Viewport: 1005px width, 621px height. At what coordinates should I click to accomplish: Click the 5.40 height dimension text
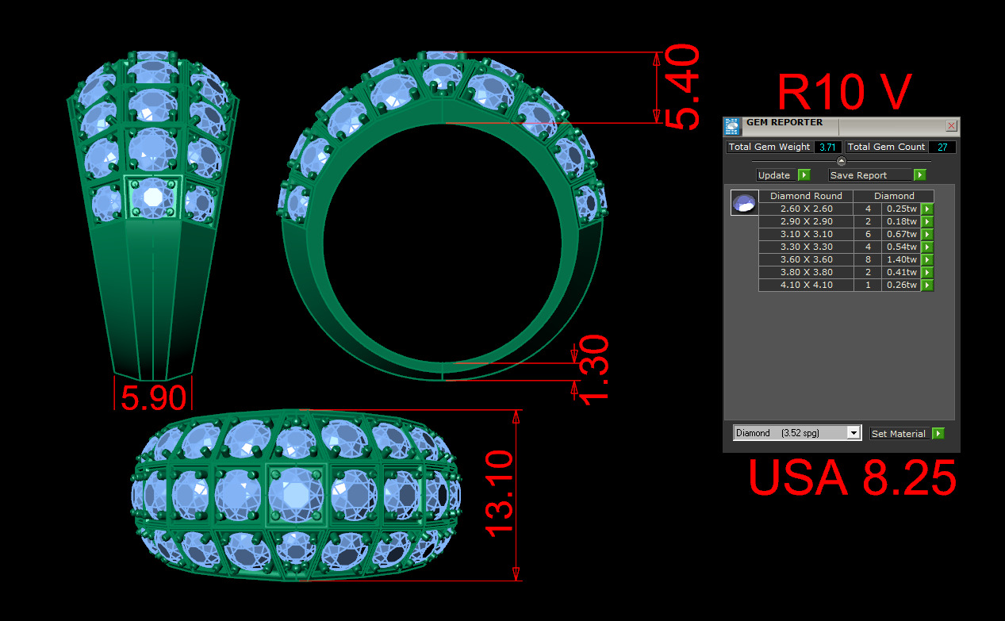[x=683, y=87]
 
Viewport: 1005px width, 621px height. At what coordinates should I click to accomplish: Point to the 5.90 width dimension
[x=154, y=397]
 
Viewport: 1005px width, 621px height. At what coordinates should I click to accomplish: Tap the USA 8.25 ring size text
[x=852, y=478]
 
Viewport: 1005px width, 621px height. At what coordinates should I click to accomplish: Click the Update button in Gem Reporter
[x=783, y=175]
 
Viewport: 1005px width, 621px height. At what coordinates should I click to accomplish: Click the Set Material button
[x=907, y=434]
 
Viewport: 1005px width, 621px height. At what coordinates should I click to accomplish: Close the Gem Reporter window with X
[x=952, y=126]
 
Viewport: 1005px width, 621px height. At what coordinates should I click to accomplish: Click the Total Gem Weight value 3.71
[x=827, y=147]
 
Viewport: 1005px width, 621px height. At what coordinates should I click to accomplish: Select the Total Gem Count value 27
[x=942, y=147]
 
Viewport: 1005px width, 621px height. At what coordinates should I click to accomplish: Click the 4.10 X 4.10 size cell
[x=806, y=285]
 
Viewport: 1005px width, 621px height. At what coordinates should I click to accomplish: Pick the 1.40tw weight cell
[x=900, y=259]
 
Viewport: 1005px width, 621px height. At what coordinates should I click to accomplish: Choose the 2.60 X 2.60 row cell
[x=806, y=209]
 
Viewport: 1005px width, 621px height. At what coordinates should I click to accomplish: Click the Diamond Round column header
[x=806, y=196]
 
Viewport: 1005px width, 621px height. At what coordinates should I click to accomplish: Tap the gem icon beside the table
[x=743, y=203]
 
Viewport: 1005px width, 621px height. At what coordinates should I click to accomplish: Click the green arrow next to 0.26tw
[x=927, y=285]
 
